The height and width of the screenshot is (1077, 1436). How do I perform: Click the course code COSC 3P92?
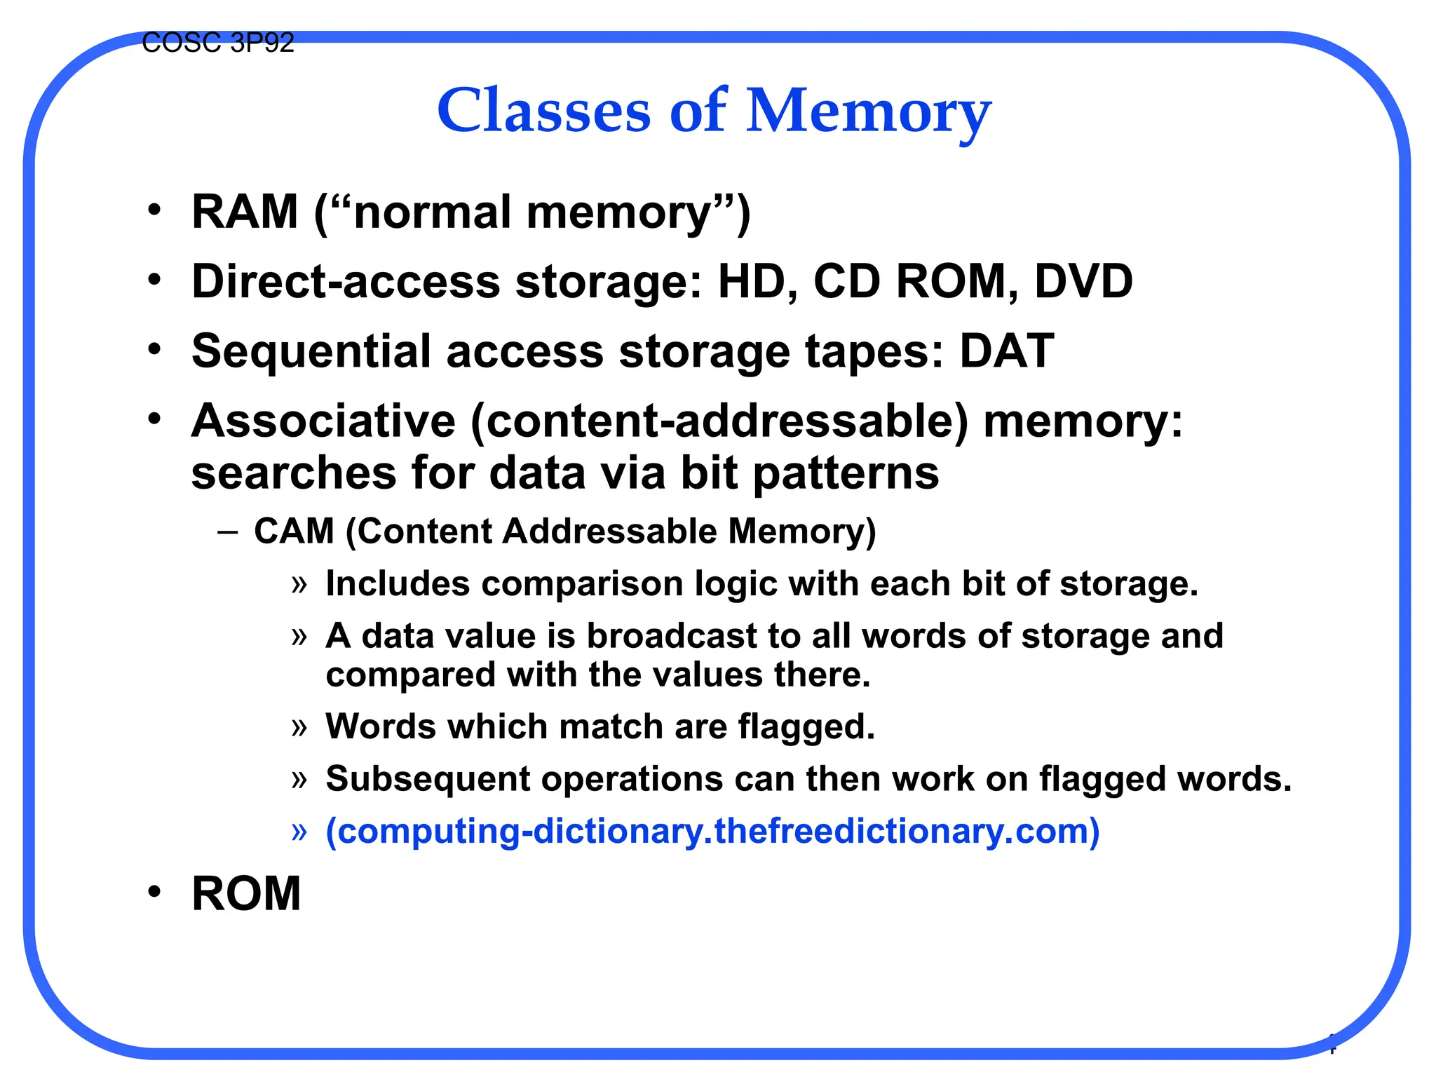[217, 43]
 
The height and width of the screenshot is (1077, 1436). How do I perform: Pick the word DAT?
[1006, 351]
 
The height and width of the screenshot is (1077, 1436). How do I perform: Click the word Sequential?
[311, 351]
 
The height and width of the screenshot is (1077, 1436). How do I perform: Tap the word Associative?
[323, 421]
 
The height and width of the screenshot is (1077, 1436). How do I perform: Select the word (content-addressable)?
[719, 421]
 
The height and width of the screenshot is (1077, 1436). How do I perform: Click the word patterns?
[846, 473]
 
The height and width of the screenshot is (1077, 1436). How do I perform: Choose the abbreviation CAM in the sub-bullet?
[294, 531]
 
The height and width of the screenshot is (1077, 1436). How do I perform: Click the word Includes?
[398, 583]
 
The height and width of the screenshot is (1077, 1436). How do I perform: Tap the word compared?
[410, 675]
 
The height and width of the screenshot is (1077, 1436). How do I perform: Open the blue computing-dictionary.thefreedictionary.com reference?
[712, 831]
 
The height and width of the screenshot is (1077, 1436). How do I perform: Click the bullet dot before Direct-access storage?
[155, 279]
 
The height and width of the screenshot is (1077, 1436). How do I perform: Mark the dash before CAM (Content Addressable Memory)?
[226, 531]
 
